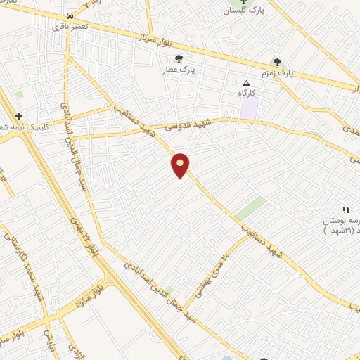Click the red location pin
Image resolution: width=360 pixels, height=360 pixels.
(x=181, y=165)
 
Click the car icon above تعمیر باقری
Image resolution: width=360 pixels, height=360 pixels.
(x=69, y=15)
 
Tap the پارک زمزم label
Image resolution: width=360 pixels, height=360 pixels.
(x=295, y=72)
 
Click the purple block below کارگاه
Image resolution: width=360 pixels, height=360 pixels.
(x=249, y=108)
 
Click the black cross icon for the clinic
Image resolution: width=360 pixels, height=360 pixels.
(x=19, y=116)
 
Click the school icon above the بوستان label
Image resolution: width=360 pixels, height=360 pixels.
(x=345, y=210)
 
